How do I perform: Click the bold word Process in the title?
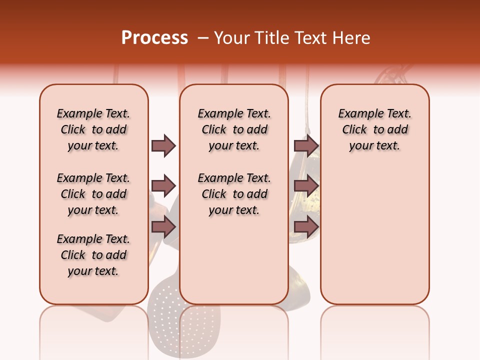(154, 38)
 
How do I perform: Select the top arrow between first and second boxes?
(163, 145)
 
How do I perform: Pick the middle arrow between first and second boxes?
(163, 186)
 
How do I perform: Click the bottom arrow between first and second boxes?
(163, 227)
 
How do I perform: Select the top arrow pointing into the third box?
(306, 145)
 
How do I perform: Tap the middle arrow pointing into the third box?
(306, 186)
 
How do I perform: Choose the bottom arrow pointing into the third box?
(306, 227)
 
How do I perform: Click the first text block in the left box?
(93, 129)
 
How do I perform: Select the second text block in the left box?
(93, 194)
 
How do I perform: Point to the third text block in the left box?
(93, 255)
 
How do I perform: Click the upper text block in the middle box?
(234, 129)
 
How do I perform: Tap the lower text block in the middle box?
(234, 194)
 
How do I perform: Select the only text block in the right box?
(374, 129)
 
